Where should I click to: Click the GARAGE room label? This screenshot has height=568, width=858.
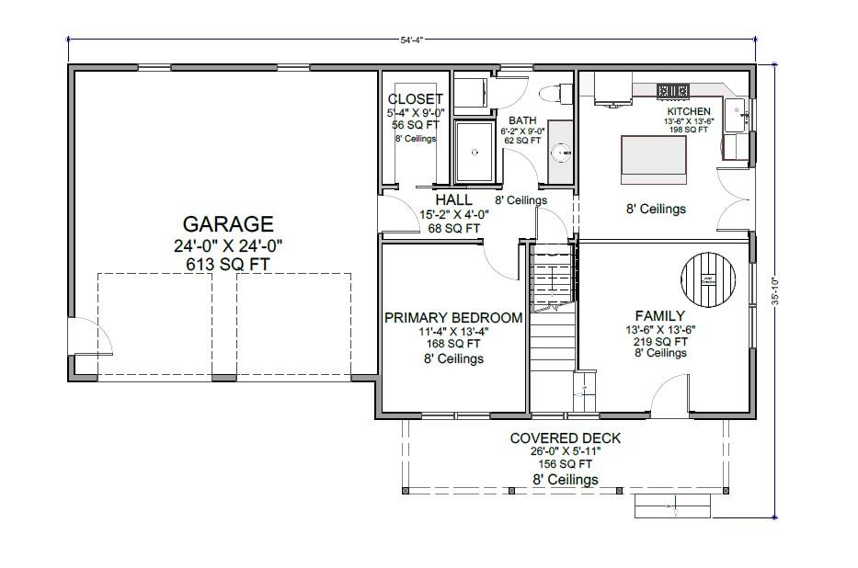coord(227,224)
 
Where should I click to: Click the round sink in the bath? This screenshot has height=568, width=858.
coord(561,153)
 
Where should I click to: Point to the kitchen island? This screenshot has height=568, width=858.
coord(655,153)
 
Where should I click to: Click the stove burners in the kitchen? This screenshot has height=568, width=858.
coord(673,90)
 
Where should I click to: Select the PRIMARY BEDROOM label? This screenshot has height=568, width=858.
coord(453,318)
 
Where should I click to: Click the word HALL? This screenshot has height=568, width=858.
coord(454,199)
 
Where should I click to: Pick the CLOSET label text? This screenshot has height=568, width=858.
coord(415,99)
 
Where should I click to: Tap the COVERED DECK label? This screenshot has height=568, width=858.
coord(566,438)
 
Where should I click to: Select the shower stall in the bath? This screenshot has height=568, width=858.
coord(475,151)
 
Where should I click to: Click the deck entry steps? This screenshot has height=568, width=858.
coord(673,504)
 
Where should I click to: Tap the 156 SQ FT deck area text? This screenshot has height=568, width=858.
coord(566,465)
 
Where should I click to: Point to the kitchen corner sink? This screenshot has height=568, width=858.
coord(736,114)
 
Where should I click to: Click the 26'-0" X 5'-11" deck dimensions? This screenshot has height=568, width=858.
coord(566,451)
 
